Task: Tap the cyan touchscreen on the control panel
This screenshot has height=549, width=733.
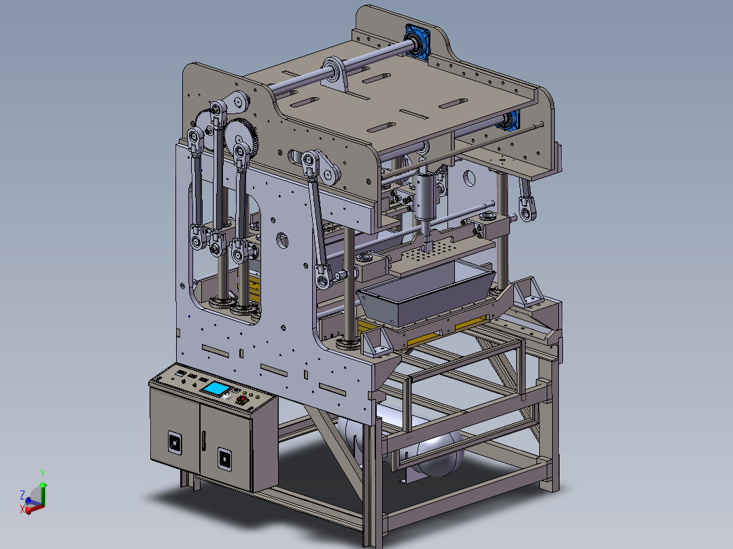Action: tap(216, 388)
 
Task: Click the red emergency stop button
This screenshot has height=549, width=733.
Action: tap(241, 400)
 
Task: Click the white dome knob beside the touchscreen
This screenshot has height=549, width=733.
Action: tap(228, 396)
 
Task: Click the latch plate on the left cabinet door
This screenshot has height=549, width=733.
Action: tap(175, 442)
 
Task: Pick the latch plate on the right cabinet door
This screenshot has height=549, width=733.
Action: tap(225, 459)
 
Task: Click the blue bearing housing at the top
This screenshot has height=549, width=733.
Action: tap(417, 41)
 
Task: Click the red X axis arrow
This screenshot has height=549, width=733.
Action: tap(33, 509)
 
